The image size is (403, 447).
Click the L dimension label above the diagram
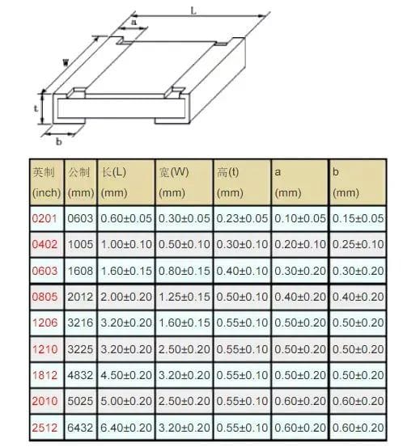[x=193, y=11]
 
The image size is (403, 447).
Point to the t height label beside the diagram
[x=36, y=108]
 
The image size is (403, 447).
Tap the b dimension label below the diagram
[x=59, y=141]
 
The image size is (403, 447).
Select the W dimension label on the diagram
[x=66, y=62]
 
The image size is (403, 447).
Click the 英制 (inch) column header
[x=46, y=183]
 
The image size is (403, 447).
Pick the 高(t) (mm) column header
[x=230, y=183]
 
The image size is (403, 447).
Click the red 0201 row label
[x=45, y=219]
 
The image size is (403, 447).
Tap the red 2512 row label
[x=45, y=428]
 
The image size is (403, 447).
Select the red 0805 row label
[x=45, y=297]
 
